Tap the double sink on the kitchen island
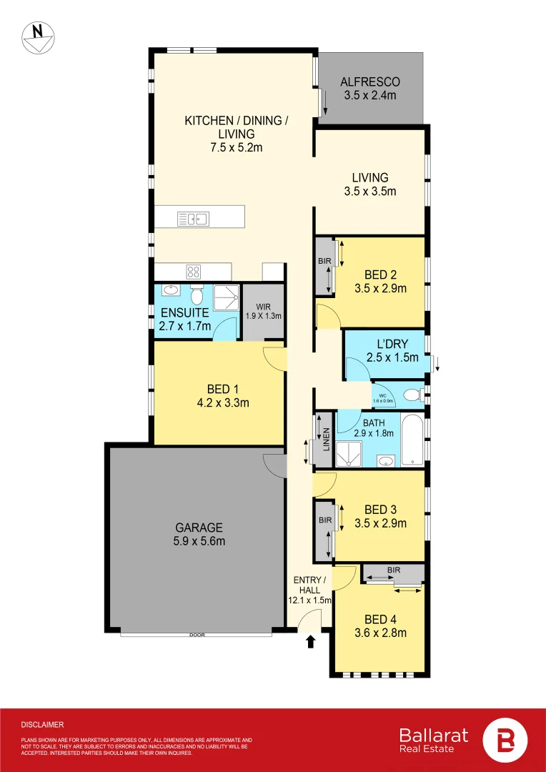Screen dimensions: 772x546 [192, 219]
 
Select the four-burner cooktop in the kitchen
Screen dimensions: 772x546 [194, 272]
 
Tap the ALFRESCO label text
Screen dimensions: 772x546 [369, 81]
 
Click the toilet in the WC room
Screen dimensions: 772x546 [412, 395]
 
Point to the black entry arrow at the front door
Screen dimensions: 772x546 [310, 642]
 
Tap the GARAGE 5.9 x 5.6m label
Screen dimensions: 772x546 [199, 534]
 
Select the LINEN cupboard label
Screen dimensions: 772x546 [326, 439]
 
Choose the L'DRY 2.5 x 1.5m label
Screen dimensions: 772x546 [392, 350]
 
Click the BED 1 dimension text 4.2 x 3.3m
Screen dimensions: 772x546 [222, 403]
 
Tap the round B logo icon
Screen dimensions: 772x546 [505, 740]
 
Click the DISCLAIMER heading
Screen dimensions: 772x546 [42, 724]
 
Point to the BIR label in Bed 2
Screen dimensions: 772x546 [324, 262]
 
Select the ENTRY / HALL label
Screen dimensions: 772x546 [309, 590]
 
